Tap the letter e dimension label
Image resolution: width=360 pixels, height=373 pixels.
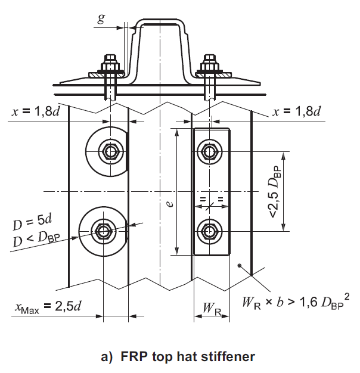[170, 203]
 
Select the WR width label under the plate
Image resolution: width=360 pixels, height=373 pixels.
[210, 309]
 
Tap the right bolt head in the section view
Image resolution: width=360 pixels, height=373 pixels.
[210, 62]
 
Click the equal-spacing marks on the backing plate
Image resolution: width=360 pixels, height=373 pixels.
[211, 198]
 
